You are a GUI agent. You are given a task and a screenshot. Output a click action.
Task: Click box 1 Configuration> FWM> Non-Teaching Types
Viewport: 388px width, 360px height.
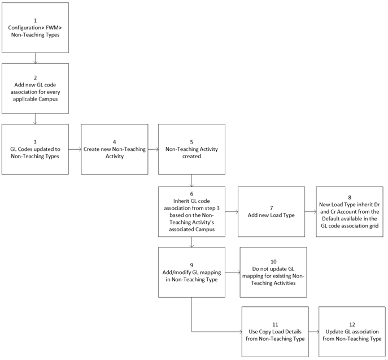pyautogui.click(x=35, y=28)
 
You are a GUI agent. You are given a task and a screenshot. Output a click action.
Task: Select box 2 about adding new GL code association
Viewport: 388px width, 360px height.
pyautogui.click(x=35, y=88)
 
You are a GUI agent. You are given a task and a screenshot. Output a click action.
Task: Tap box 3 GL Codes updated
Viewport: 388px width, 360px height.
pyautogui.click(x=35, y=149)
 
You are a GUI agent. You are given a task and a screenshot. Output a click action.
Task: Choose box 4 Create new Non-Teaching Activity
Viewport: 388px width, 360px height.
pyautogui.click(x=115, y=149)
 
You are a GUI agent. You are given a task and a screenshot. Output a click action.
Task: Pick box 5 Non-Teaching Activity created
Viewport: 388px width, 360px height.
pyautogui.click(x=191, y=149)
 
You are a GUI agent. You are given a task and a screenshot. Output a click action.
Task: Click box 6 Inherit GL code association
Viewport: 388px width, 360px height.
pyautogui.click(x=191, y=211)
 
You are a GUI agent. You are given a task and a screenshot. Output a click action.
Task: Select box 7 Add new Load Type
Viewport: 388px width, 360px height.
pyautogui.click(x=271, y=211)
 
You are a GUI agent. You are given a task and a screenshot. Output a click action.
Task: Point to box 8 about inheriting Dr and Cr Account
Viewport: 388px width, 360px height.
pyautogui.click(x=350, y=211)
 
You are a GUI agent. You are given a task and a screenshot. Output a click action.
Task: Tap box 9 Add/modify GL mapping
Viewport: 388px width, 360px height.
pyautogui.click(x=191, y=272)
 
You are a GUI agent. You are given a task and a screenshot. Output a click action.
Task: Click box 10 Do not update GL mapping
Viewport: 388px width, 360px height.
pyautogui.click(x=273, y=272)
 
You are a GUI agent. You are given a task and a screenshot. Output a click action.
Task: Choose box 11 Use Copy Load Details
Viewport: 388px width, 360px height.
pyautogui.click(x=275, y=332)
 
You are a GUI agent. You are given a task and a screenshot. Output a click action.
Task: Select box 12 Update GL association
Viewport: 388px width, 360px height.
pyautogui.click(x=352, y=332)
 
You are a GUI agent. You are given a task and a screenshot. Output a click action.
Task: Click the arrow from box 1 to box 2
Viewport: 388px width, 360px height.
pyautogui.click(x=35, y=58)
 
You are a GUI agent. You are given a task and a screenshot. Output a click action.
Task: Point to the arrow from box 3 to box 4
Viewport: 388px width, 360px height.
pyautogui.click(x=75, y=149)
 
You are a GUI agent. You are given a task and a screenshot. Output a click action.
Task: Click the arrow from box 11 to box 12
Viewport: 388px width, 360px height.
pyautogui.click(x=313, y=332)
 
